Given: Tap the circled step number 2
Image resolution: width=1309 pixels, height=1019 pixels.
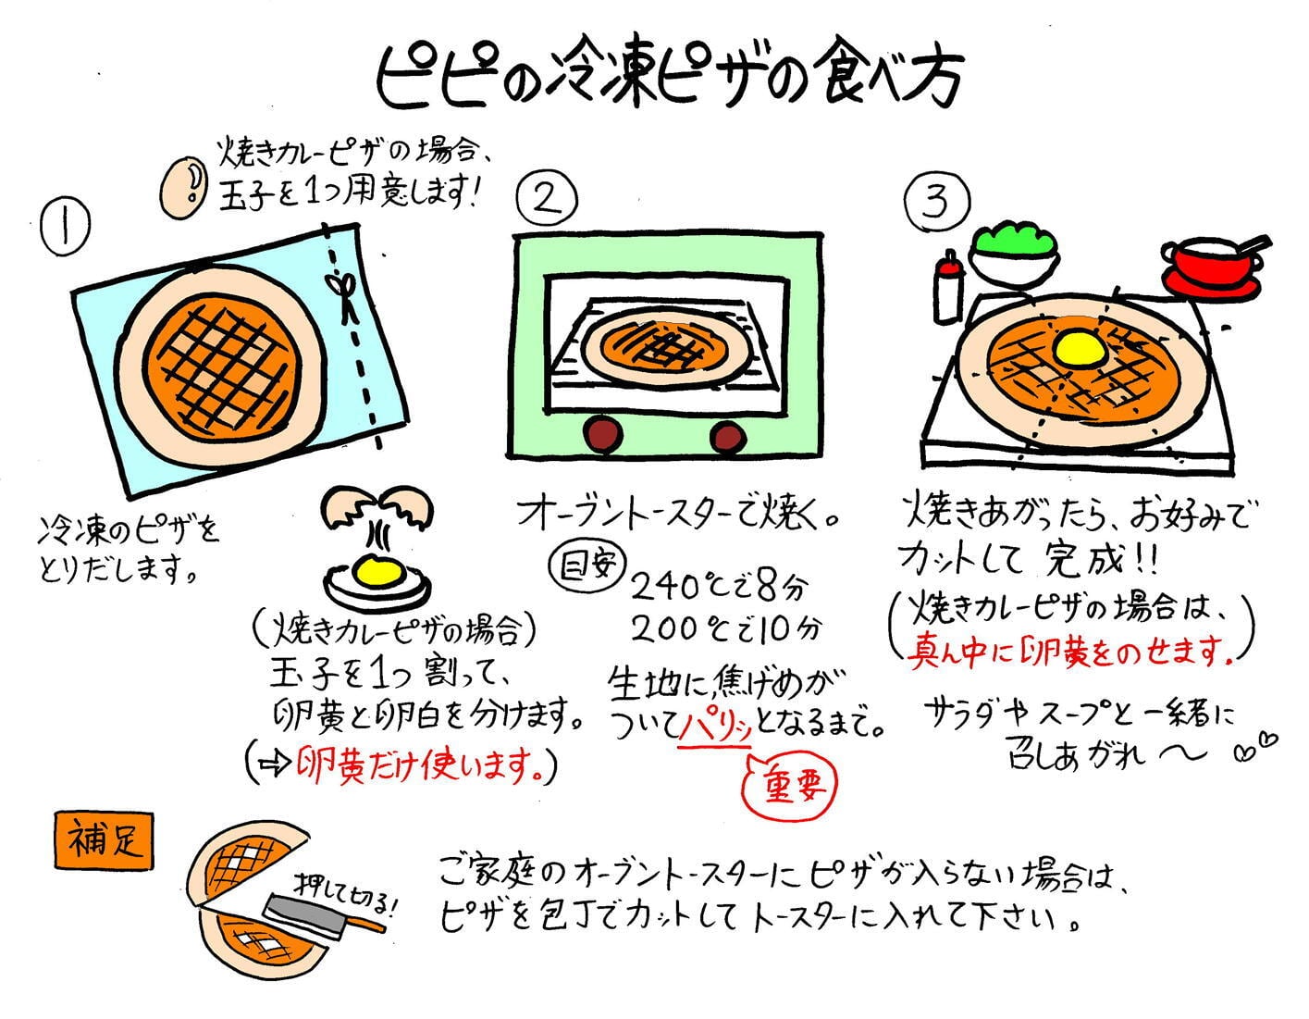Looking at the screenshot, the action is [547, 198].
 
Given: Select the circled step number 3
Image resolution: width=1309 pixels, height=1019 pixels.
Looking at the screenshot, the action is [937, 200].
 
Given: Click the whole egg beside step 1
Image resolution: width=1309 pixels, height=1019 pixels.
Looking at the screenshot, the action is [183, 188].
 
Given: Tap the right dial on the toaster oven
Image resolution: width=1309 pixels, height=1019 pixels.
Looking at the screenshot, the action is [728, 437].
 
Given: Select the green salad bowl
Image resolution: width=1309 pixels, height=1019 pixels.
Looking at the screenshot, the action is [1016, 252].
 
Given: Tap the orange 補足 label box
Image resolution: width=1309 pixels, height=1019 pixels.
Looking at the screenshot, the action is [104, 840].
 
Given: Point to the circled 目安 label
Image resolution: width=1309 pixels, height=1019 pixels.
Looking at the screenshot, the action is [586, 565].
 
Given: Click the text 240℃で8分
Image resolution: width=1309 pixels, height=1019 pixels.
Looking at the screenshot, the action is [717, 587].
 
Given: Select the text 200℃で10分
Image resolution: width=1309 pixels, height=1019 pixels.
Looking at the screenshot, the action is [725, 630].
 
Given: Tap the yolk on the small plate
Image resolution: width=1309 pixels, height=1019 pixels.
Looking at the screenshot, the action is [377, 570].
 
